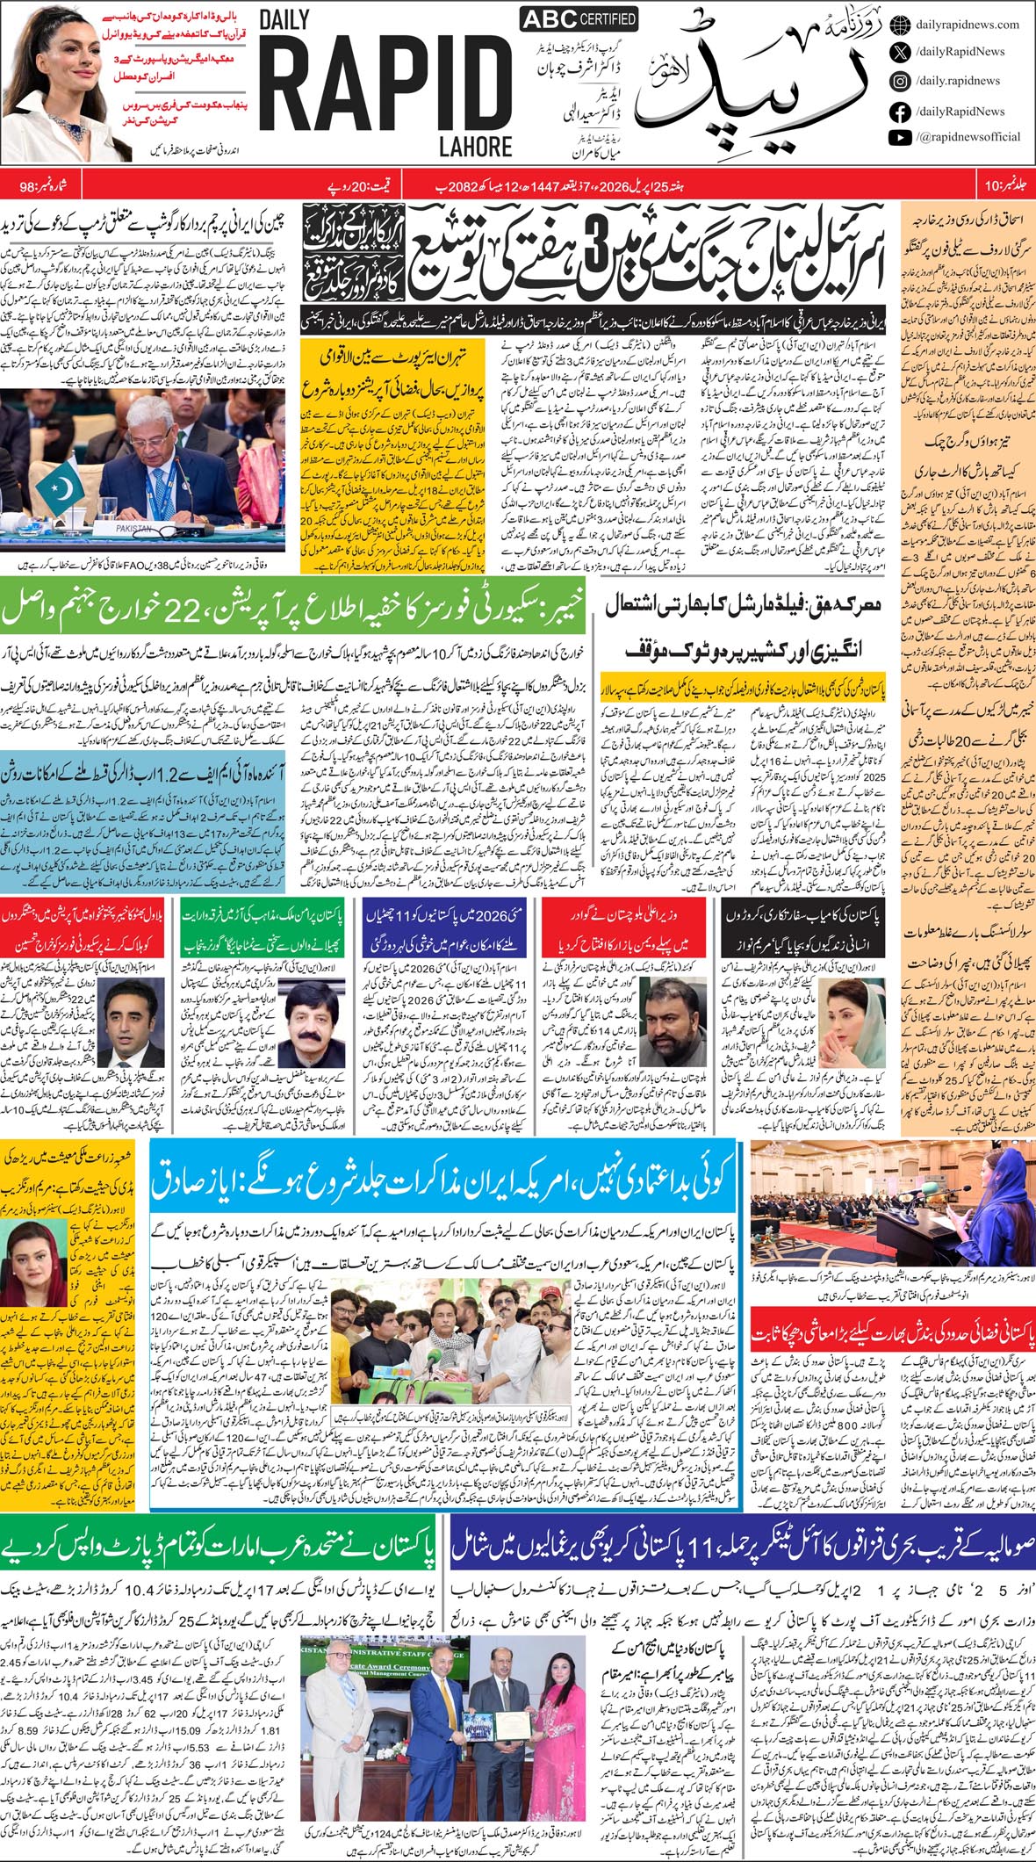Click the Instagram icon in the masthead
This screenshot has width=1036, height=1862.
(899, 81)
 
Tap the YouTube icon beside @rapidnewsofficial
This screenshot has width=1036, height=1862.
(899, 137)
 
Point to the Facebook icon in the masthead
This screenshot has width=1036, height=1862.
(899, 112)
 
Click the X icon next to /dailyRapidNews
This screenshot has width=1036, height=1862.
(899, 53)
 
